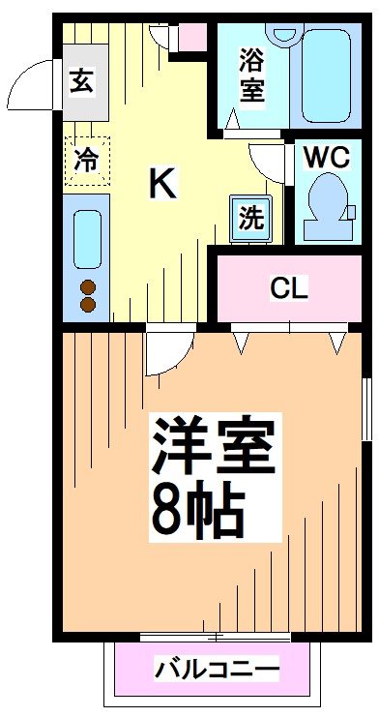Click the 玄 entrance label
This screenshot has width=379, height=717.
click(81, 81)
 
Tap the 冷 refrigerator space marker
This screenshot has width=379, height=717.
click(87, 160)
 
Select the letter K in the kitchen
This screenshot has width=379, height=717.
click(161, 183)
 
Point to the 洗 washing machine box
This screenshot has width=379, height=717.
click(251, 218)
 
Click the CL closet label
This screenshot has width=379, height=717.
click(288, 287)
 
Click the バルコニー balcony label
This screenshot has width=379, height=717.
click(217, 670)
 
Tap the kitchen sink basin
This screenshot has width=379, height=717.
click(88, 237)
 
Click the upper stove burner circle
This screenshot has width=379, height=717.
click(88, 286)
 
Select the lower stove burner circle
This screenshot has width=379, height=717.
click(88, 305)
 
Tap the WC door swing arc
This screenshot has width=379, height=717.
click(266, 160)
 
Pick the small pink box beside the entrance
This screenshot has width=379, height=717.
click(191, 36)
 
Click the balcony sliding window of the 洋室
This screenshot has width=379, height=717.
click(215, 636)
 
